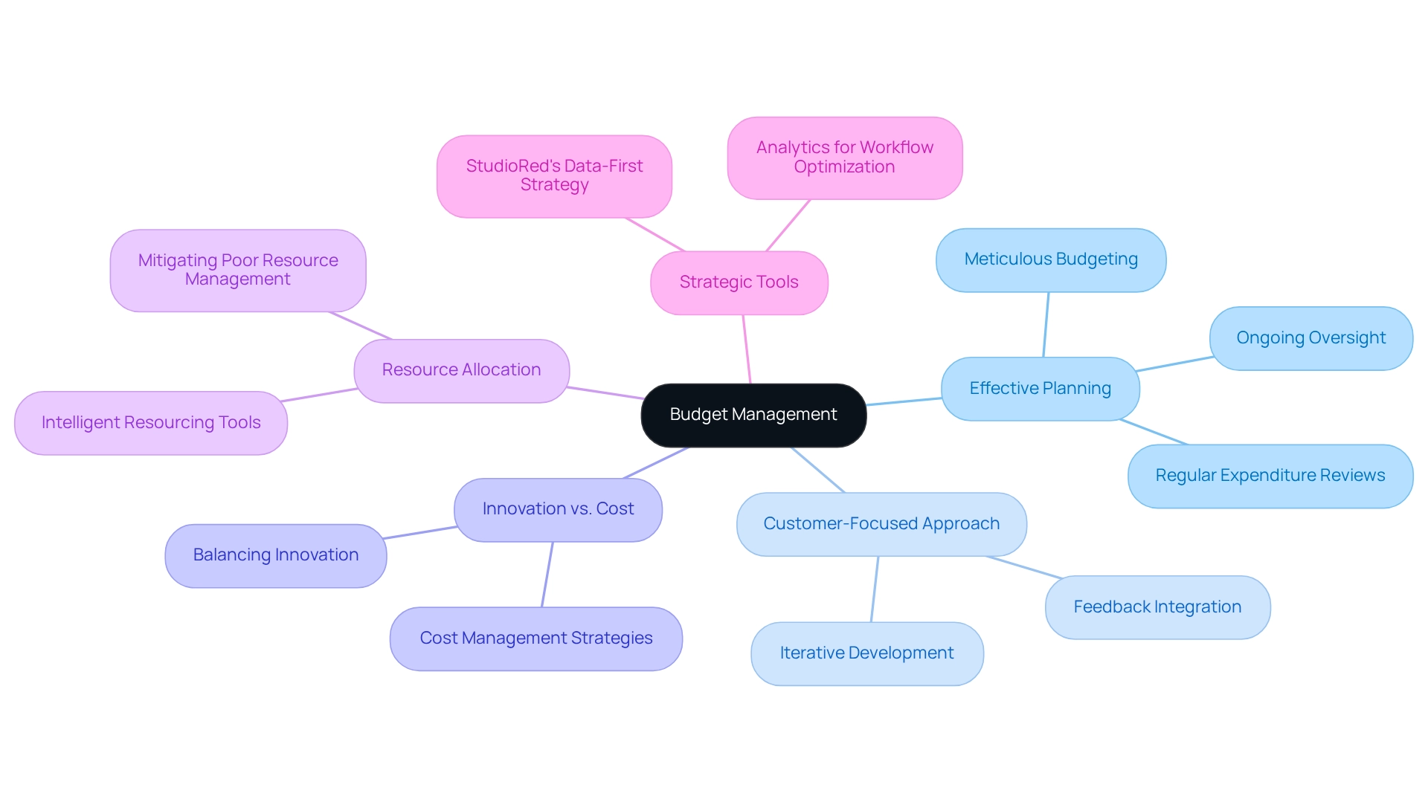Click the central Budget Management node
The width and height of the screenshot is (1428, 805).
point(753,415)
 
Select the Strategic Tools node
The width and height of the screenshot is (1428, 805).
point(739,282)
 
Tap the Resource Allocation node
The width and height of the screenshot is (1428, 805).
point(461,370)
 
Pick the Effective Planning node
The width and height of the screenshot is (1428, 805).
point(1040,389)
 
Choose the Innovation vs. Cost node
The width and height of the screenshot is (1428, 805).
point(558,509)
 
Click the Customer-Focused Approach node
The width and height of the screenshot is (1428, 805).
point(881,524)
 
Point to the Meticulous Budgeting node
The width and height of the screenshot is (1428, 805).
point(1051,259)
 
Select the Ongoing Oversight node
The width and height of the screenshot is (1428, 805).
point(1310,338)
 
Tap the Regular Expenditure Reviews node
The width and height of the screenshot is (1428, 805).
point(1270,476)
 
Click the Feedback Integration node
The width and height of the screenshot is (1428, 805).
point(1157,607)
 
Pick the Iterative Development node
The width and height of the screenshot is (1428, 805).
point(866,653)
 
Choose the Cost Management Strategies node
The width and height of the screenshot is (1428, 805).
point(535,638)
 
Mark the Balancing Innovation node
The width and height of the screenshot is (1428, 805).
point(275,555)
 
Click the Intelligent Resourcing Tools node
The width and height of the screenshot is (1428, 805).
point(151,423)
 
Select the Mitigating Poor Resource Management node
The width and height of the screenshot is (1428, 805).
point(238,270)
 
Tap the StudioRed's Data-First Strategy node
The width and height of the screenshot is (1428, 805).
point(554,175)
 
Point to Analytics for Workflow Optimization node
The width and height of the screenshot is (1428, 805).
point(844,158)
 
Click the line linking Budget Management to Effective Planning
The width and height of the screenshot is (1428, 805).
point(904,401)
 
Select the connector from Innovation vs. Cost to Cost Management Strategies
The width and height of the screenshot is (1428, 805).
point(547,575)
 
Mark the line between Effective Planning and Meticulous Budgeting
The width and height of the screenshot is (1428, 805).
point(1046,325)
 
